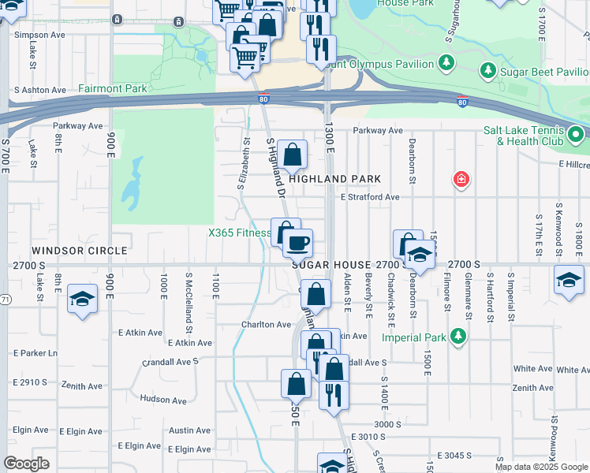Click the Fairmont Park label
pyautogui.click(x=113, y=89)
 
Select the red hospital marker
pyautogui.click(x=461, y=181)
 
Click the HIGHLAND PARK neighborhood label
pyautogui.click(x=334, y=179)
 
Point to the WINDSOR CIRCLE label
pyautogui.click(x=80, y=251)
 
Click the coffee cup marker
pyautogui.click(x=298, y=243)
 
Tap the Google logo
pyautogui.click(x=27, y=464)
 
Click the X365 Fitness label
pyautogui.click(x=239, y=233)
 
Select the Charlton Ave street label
pyautogui.click(x=266, y=324)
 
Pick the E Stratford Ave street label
pyautogui.click(x=370, y=197)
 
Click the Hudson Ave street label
pyautogui.click(x=162, y=400)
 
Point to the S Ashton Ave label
pyautogui.click(x=39, y=91)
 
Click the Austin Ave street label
pyautogui.click(x=189, y=430)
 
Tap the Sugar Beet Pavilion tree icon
pyautogui.click(x=488, y=72)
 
